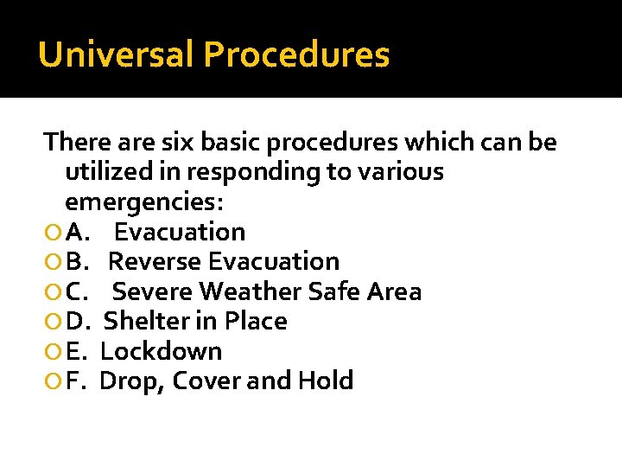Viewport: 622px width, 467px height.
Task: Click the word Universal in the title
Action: click(x=117, y=54)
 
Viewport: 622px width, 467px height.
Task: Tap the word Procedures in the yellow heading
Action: click(x=296, y=54)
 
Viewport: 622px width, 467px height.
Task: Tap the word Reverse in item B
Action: click(x=155, y=261)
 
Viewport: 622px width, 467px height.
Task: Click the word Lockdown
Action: click(x=161, y=351)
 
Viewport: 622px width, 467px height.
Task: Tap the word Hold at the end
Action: click(x=325, y=381)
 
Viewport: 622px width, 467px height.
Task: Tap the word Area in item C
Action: click(x=394, y=291)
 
